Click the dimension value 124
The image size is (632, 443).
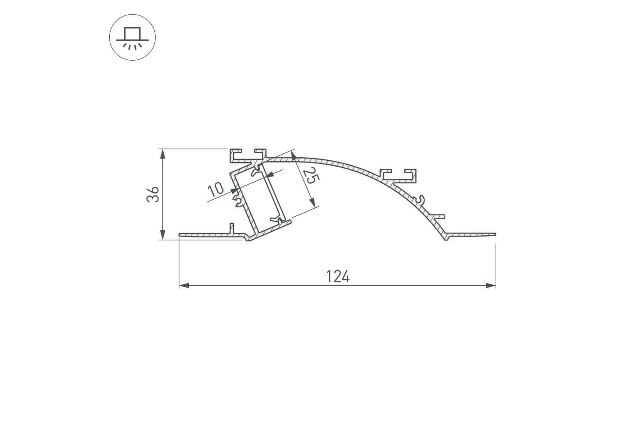pyautogui.click(x=338, y=276)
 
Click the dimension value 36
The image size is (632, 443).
pyautogui.click(x=153, y=194)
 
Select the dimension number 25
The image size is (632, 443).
pyautogui.click(x=311, y=176)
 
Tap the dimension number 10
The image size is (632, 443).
pyautogui.click(x=215, y=189)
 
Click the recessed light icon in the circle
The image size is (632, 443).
pyautogui.click(x=132, y=38)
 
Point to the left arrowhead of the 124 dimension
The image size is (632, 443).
pyautogui.click(x=184, y=286)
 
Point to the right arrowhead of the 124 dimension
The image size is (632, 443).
pyautogui.click(x=491, y=286)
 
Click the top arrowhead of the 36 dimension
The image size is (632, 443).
pyautogui.click(x=162, y=154)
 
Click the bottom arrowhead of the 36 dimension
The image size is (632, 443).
pyautogui.click(x=162, y=234)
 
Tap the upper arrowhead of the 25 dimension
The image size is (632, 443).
pyautogui.click(x=293, y=155)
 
